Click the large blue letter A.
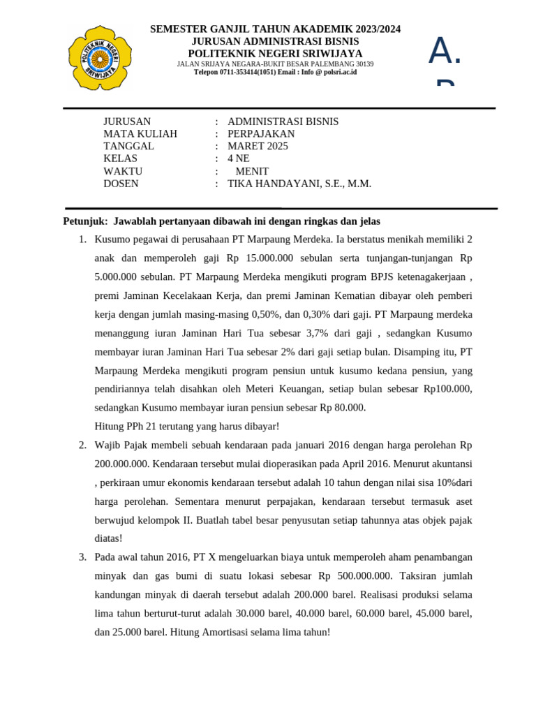coord(441,51)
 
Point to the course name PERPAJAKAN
coord(261,133)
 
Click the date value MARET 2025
coord(258,146)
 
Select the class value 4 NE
coord(238,159)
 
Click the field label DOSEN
coord(121,184)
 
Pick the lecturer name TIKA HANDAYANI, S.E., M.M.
coord(299,184)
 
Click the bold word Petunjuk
coord(84,221)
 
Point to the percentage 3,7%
coord(318,332)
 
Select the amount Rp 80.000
coord(343,408)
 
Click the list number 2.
coord(82,445)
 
